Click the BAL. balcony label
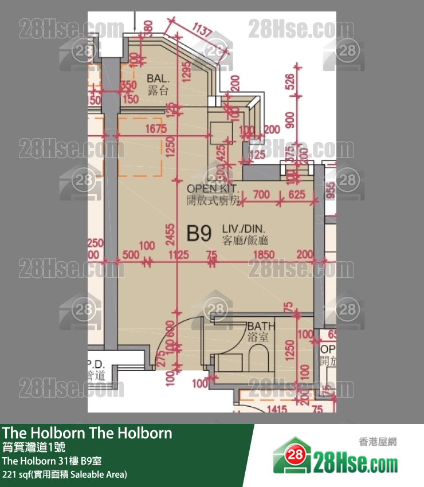[158, 78]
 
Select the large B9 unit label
[199, 234]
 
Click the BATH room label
[261, 326]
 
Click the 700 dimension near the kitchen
[261, 195]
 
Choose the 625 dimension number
[296, 195]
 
